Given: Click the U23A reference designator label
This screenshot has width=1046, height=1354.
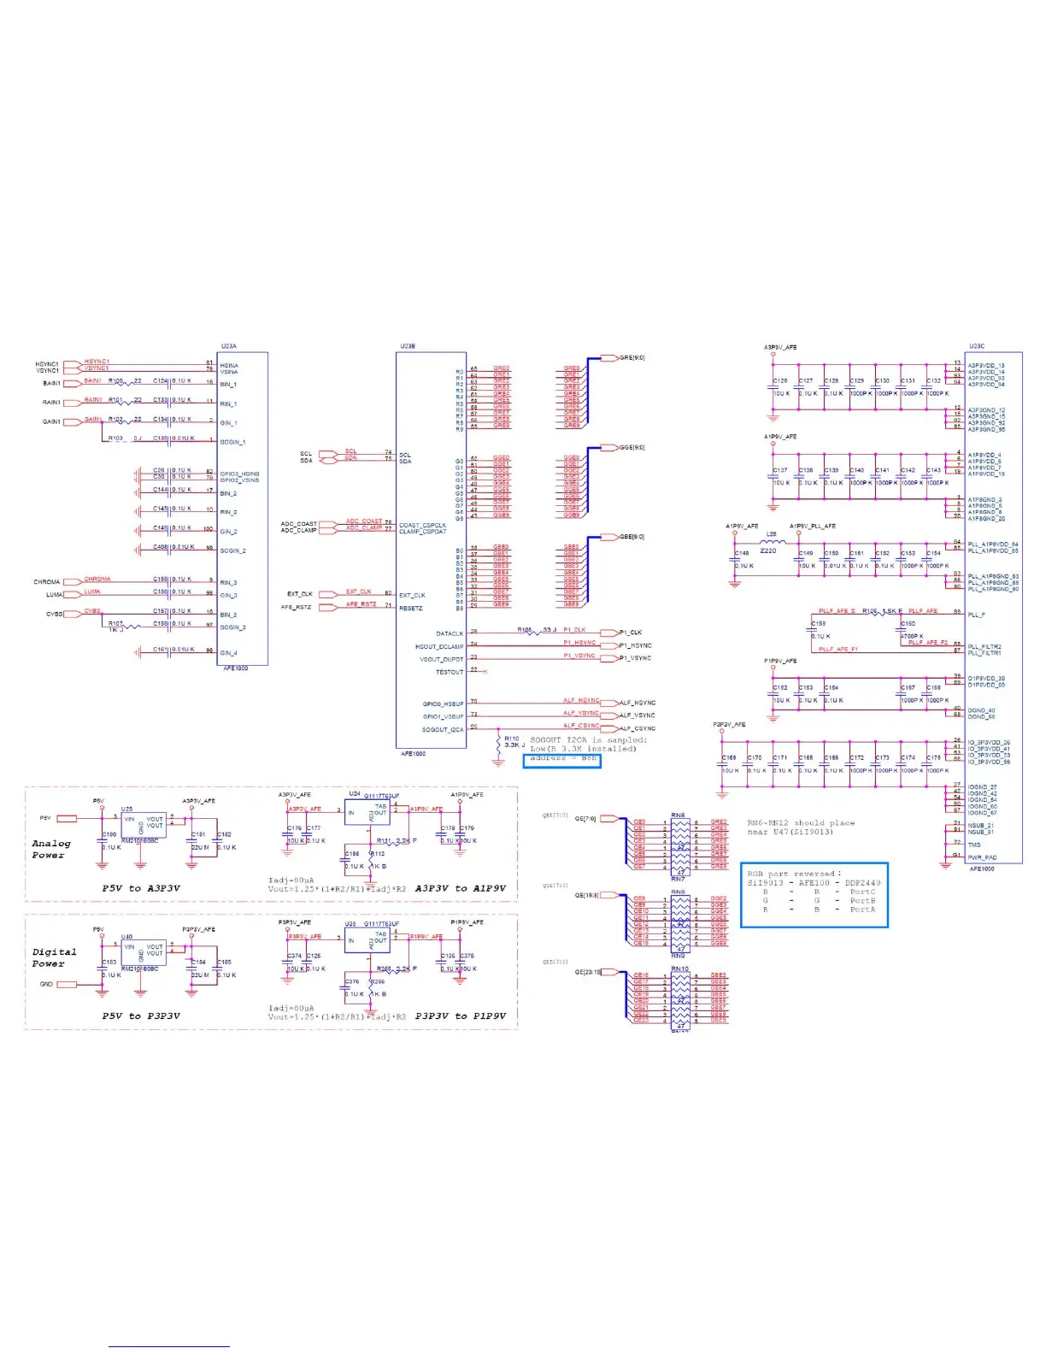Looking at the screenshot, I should [228, 346].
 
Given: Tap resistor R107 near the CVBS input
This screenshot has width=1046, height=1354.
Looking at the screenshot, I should [116, 624].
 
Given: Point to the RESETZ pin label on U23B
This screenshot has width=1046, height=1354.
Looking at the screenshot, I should [411, 608].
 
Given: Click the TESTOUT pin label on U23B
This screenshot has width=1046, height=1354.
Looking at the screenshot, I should [450, 672].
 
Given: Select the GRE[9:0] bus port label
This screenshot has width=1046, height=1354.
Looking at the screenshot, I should [632, 358].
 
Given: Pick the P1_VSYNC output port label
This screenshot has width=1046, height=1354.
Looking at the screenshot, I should [635, 658].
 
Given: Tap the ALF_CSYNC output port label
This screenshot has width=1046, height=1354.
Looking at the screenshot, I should [638, 728].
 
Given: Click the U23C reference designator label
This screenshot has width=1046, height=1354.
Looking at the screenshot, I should [976, 346].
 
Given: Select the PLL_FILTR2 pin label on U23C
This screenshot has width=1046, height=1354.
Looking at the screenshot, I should [984, 647].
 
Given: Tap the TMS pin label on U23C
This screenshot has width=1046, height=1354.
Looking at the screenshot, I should [974, 845].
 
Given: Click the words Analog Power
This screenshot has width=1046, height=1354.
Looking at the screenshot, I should [50, 849].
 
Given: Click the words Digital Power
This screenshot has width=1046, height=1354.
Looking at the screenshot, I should [54, 957].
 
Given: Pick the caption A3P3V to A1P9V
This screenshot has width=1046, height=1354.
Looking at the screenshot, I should [460, 888].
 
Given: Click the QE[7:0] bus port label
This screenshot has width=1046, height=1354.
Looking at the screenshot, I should [585, 819].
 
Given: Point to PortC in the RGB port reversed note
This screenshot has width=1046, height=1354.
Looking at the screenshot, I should [862, 892].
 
